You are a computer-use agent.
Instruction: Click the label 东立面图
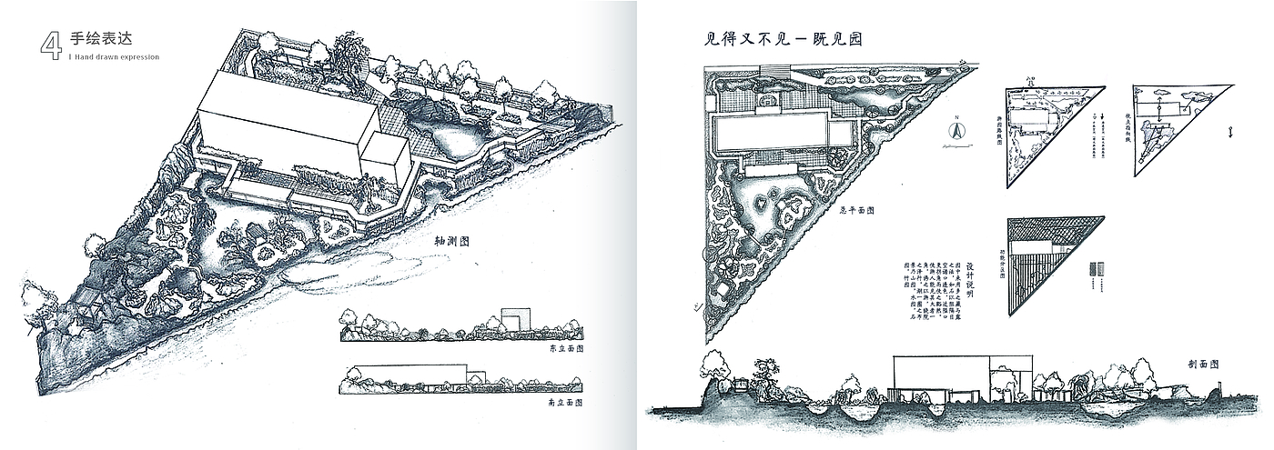click(564, 348)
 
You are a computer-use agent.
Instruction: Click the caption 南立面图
click(564, 401)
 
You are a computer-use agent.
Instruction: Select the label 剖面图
click(1203, 364)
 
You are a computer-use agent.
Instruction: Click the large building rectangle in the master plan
click(771, 133)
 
